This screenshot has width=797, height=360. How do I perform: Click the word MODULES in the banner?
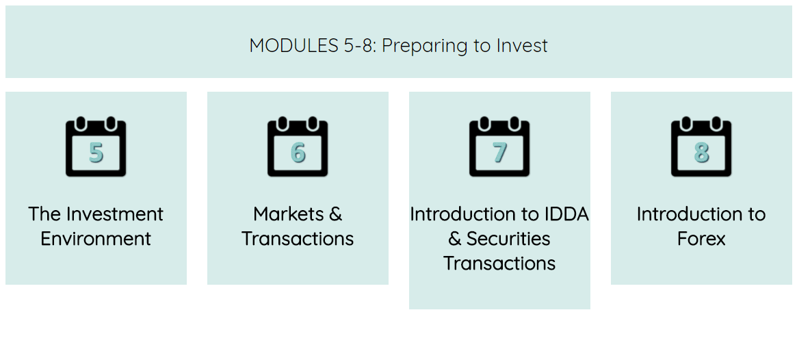(x=291, y=46)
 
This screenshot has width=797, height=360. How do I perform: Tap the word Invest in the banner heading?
(x=522, y=46)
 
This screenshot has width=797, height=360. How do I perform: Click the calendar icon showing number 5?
(x=96, y=147)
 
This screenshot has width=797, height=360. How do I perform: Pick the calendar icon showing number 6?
(x=298, y=147)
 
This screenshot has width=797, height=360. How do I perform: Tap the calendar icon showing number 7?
(x=499, y=147)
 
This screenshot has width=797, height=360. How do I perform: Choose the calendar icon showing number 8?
(x=701, y=147)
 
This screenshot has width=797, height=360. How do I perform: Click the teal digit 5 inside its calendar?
(x=96, y=152)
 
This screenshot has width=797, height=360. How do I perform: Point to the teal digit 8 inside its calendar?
(x=701, y=152)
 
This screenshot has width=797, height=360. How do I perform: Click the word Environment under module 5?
(x=96, y=238)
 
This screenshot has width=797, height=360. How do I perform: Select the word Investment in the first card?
(x=116, y=214)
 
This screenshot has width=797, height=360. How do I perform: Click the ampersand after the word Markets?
(x=335, y=214)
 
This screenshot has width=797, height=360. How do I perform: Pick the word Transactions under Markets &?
(x=298, y=238)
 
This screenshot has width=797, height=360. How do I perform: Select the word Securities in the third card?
(x=508, y=238)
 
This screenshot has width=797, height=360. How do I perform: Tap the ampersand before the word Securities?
(x=455, y=238)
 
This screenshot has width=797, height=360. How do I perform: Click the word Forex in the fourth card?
(x=701, y=238)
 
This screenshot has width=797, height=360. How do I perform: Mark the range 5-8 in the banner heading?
(x=355, y=46)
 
